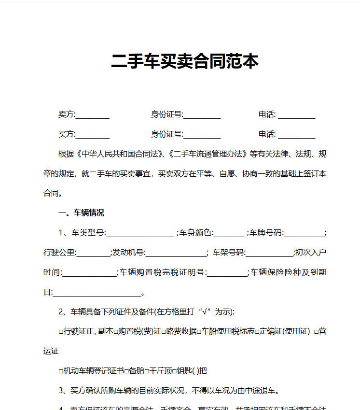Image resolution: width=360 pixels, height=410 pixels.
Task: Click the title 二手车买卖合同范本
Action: [185, 61]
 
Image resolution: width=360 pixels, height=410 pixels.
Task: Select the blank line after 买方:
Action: [93, 135]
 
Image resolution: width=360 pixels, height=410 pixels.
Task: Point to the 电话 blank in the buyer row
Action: [296, 135]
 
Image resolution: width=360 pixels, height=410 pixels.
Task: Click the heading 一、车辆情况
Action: [81, 212]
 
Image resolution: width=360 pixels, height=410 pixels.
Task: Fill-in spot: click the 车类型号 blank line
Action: [139, 233]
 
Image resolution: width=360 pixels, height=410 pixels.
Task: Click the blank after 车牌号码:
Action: [304, 233]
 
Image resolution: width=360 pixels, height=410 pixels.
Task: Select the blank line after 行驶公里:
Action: [93, 253]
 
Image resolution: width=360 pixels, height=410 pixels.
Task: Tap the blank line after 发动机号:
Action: [176, 253]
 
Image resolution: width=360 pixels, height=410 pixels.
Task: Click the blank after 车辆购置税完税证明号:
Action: [226, 273]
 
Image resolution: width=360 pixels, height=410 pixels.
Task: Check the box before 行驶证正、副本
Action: [61, 332]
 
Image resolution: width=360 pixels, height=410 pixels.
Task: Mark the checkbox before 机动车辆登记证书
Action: [61, 371]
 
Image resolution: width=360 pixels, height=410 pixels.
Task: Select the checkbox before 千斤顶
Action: [148, 371]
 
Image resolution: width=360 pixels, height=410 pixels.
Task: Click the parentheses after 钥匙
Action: [195, 371]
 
